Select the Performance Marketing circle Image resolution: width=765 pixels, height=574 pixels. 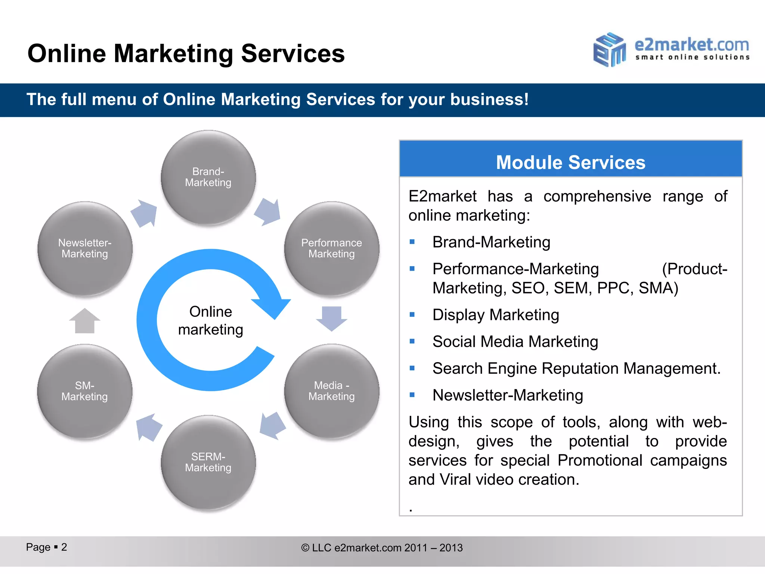click(x=332, y=249)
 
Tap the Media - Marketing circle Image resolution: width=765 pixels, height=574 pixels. click(x=332, y=391)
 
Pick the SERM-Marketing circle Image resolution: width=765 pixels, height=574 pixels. click(x=208, y=462)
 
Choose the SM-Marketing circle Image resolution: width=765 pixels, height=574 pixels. click(x=85, y=391)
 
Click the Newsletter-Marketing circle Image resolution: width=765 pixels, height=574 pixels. click(x=85, y=249)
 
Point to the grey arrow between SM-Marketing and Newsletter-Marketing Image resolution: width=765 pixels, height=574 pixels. click(x=85, y=321)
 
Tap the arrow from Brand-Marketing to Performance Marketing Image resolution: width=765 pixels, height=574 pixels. click(x=268, y=212)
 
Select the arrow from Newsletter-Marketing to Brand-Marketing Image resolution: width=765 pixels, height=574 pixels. click(x=145, y=213)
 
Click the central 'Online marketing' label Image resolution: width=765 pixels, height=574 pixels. click(x=211, y=321)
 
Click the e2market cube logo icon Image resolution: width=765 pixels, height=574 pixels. click(x=609, y=50)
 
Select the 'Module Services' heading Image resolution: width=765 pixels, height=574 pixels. click(x=570, y=163)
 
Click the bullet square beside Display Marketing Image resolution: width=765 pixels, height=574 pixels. click(x=412, y=315)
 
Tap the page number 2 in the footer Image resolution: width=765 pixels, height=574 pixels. click(x=64, y=547)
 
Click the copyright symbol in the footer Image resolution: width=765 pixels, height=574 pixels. click(x=305, y=548)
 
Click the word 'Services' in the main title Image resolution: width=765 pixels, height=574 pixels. click(x=293, y=53)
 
